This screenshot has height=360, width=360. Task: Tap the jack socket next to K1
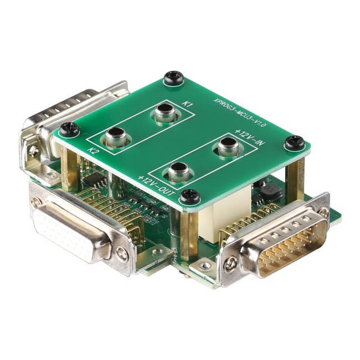[x=165, y=113]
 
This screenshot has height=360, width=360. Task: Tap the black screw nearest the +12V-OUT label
[x=189, y=195]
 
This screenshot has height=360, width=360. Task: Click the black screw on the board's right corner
[x=294, y=142]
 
